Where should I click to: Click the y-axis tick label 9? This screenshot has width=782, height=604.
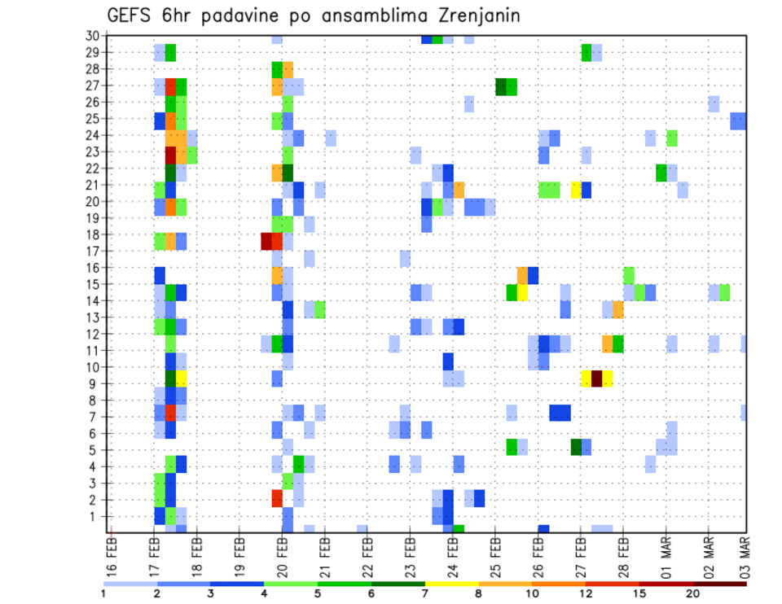point(94,383)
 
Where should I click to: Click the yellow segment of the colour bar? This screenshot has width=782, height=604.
point(452,584)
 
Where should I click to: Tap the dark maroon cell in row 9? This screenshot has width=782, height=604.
point(596,379)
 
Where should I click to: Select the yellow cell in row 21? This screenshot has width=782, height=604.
point(576,190)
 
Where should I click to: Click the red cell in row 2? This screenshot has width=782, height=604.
point(277,497)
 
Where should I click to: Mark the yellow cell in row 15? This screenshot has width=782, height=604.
point(522,291)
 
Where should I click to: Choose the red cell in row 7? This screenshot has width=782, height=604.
point(171,413)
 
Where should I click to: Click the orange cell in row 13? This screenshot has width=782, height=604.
point(617,309)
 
